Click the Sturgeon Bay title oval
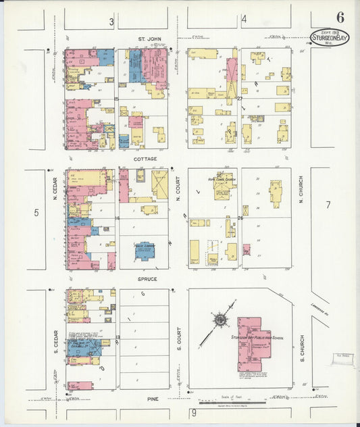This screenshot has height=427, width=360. (x=330, y=37)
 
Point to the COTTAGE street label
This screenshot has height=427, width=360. (x=145, y=159)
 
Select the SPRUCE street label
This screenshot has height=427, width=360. (x=147, y=278)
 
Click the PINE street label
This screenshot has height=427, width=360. (x=153, y=399)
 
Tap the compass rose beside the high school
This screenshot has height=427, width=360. (x=220, y=320)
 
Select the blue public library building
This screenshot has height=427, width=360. (x=144, y=251)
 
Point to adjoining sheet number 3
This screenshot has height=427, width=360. (x=111, y=22)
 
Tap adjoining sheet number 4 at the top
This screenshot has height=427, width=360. (x=244, y=19)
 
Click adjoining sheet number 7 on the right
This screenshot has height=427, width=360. (x=328, y=205)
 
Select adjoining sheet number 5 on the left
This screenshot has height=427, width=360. (x=37, y=214)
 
